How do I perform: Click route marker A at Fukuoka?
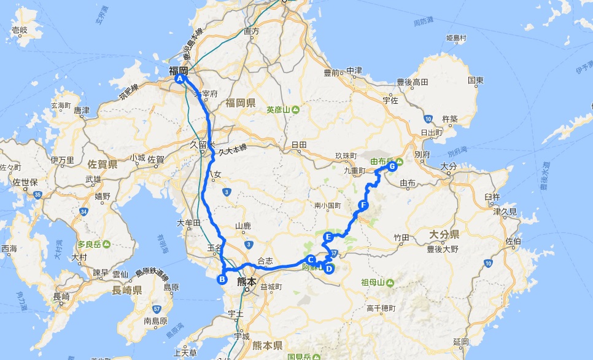180,79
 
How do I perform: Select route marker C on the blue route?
311,259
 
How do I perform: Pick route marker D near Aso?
329,268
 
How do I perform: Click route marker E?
328,237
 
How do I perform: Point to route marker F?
363,205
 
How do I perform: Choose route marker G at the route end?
392,165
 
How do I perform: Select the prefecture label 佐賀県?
103,165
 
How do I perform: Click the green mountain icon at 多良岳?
107,245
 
